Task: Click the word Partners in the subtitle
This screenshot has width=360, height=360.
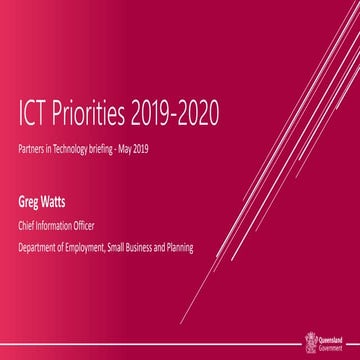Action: pos(34,160)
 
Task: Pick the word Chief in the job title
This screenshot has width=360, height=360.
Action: pos(29,226)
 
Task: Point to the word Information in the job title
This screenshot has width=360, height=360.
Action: pos(65,226)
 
